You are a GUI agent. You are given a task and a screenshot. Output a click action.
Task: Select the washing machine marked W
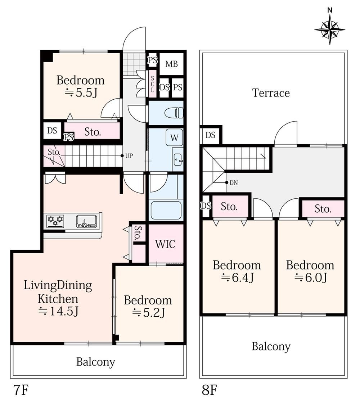174,137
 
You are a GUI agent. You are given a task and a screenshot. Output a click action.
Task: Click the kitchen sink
86,221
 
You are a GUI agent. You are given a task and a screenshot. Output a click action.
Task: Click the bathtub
166,210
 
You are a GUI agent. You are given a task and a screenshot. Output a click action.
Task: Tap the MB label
171,64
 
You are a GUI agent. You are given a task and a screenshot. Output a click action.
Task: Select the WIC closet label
165,244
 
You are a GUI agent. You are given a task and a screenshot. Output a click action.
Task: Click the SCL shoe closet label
153,84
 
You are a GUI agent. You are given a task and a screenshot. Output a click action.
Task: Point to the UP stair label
129,156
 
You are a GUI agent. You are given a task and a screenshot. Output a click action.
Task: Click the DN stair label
234,183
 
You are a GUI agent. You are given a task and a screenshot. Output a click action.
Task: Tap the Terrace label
271,93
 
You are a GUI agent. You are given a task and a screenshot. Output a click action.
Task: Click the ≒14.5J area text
58,311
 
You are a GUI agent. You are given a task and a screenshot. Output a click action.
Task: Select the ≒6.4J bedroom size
237,278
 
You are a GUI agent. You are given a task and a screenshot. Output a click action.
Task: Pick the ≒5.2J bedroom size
148,313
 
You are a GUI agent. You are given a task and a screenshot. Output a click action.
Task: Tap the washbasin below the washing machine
178,159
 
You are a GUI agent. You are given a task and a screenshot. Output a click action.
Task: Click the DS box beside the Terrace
210,135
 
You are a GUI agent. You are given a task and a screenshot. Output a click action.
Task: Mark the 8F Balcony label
271,347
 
